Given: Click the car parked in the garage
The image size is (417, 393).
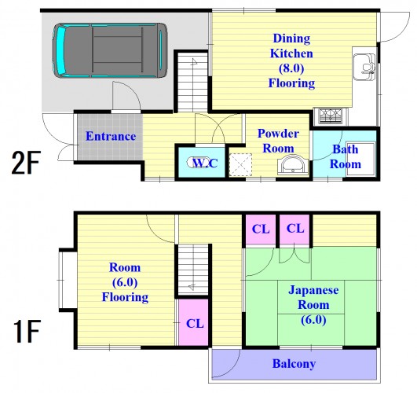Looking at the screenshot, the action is [x=110, y=50].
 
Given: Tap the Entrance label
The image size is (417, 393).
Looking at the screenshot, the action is [x=111, y=136].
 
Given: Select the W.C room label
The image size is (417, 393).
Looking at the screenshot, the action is [x=204, y=163].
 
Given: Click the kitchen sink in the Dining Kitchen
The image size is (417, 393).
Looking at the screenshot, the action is [x=364, y=67].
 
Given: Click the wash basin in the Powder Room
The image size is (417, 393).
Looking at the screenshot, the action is [x=293, y=166].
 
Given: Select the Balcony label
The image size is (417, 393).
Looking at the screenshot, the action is [x=294, y=364].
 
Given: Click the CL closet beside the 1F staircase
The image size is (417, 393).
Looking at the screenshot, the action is [x=193, y=322].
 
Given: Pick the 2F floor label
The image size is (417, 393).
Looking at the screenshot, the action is [x=26, y=163].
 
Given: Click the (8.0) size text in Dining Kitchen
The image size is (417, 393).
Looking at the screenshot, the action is [x=291, y=68].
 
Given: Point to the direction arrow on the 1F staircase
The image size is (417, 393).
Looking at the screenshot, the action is [x=192, y=287].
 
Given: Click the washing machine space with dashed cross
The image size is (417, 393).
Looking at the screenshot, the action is [x=240, y=164].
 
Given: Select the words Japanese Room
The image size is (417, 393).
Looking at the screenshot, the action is [x=313, y=297].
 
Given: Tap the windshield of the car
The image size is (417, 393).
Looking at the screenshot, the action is [x=61, y=50].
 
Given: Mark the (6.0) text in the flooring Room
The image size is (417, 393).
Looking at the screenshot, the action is [x=125, y=282].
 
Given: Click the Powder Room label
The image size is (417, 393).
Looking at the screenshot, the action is [x=278, y=141].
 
